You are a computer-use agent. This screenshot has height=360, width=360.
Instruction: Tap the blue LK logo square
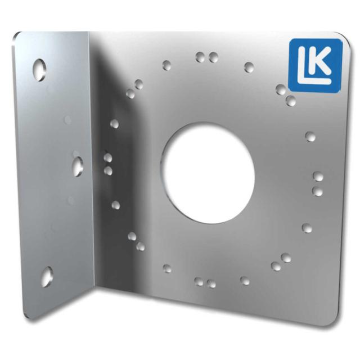click(315, 65)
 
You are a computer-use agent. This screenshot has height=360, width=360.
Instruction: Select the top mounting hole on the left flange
click(39, 69)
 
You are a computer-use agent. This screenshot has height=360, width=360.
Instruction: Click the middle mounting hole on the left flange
click(78, 165)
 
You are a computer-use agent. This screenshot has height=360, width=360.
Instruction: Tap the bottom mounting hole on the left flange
click(46, 276)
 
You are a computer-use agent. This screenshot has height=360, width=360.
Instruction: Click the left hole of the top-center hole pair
click(200, 57)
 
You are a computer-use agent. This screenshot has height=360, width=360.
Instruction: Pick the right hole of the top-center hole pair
click(213, 57)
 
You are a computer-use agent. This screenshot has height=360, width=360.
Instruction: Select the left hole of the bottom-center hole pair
click(199, 281)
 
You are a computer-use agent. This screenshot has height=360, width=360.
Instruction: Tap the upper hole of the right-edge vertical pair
click(318, 177)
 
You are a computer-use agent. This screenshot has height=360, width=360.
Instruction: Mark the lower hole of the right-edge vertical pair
click(318, 191)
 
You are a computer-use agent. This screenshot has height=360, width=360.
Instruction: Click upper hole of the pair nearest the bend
click(108, 158)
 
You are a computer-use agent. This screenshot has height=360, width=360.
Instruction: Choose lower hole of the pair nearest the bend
click(108, 170)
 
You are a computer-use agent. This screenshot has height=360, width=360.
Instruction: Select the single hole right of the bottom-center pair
click(245, 280)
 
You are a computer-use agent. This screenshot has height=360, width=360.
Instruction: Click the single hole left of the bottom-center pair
click(167, 268)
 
